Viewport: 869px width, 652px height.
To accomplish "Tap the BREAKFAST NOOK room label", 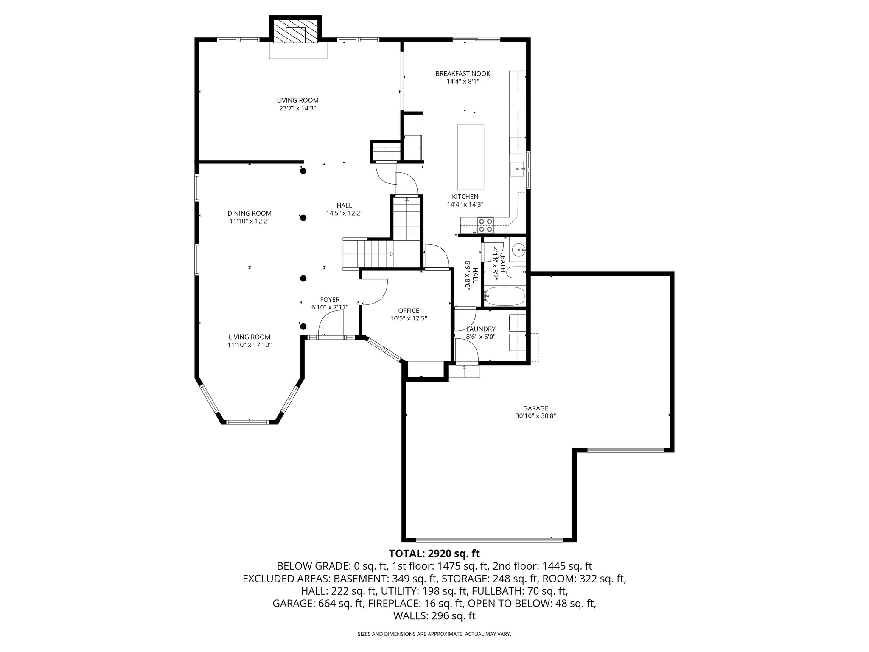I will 463,74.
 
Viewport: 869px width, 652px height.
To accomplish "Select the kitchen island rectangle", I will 470,157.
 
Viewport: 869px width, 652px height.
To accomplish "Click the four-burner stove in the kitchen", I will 486,225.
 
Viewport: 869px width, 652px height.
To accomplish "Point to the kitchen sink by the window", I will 518,169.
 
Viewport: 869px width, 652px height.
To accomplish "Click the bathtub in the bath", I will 505,296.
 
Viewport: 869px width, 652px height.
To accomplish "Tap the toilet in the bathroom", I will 516,272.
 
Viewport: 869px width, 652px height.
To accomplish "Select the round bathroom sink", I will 518,250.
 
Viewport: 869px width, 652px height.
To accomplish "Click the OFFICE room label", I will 408,311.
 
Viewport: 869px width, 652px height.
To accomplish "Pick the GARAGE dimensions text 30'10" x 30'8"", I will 535,416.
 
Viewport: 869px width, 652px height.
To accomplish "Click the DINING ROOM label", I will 249,214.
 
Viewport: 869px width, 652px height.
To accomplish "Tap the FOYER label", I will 330,300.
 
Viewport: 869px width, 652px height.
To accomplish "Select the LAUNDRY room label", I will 480,329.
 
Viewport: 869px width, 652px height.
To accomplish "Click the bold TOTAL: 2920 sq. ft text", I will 434,554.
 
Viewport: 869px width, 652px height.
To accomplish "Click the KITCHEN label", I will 465,197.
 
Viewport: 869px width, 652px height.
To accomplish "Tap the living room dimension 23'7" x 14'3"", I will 297,108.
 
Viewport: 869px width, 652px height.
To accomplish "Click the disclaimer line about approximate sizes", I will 434,634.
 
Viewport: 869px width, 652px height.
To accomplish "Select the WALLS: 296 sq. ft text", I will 434,616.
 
